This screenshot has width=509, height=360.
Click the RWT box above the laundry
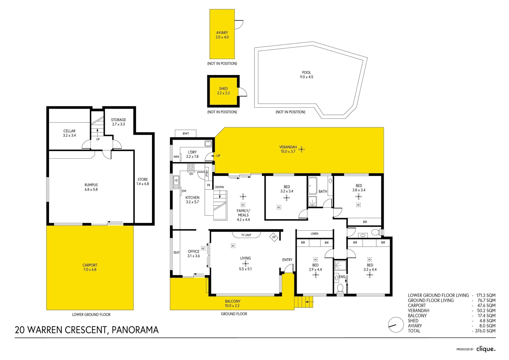186,133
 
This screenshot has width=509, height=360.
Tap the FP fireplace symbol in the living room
274,237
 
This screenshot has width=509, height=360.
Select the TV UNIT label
246,235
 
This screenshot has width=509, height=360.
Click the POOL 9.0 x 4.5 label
306,75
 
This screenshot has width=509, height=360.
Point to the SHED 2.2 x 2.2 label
223,91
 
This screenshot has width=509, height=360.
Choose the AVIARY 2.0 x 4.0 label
222,35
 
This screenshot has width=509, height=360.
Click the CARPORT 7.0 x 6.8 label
90,267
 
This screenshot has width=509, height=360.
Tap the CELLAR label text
69,131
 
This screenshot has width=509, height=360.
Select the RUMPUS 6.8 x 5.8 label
91,187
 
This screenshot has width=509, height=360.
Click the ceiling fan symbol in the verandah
302,149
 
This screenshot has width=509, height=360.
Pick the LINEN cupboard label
314,234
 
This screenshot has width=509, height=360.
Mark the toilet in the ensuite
340,288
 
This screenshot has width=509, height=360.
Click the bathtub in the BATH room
312,186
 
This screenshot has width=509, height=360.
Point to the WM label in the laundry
176,157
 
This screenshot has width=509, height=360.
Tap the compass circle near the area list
396,325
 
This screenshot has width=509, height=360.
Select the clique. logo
486,349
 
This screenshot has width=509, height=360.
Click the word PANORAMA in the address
135,330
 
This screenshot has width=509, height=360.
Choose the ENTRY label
287,260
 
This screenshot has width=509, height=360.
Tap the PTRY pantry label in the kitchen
207,173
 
